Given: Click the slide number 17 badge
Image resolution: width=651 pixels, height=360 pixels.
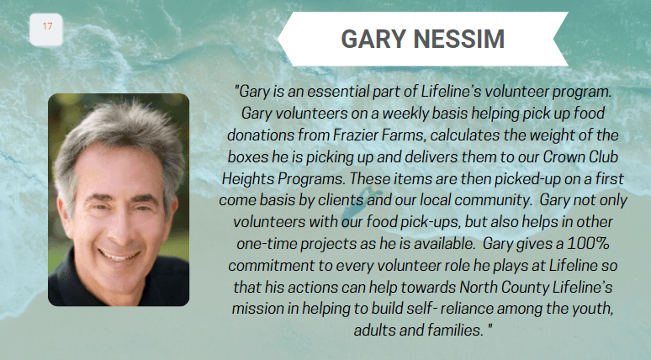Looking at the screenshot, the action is [x=46, y=29].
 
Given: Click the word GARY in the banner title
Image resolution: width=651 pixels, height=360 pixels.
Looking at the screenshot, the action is [x=373, y=39].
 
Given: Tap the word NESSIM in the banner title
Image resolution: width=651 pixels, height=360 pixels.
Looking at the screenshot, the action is [x=458, y=39].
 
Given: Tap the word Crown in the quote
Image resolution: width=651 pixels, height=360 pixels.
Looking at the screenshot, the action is [x=563, y=156].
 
